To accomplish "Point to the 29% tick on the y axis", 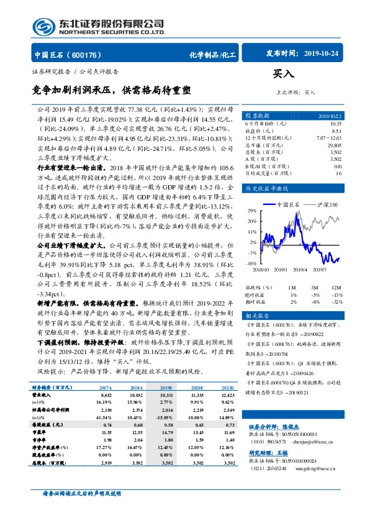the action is coord(251,211).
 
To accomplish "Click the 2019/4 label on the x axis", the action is coord(299,270).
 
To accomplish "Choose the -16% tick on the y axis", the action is coord(251,264).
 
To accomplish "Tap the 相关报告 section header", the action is coord(256,316).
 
